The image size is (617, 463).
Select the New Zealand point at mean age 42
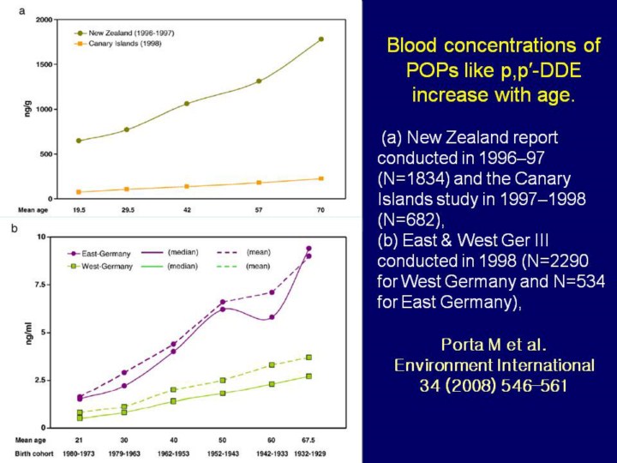click(186, 104)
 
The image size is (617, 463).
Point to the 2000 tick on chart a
click(42, 19)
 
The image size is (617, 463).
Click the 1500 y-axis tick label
click(42, 64)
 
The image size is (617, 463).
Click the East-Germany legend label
click(102, 253)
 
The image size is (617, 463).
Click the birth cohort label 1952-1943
click(222, 452)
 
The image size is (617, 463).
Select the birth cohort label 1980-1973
click(80, 452)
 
